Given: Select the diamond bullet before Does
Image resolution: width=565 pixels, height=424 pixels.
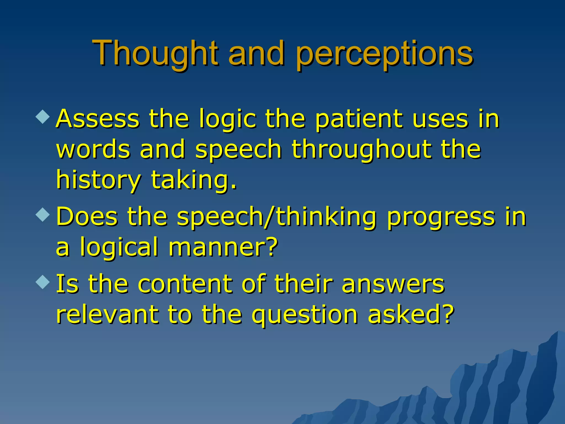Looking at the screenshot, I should coord(43,214).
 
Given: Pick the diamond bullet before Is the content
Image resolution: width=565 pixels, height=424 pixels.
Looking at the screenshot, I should coord(43,282).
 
